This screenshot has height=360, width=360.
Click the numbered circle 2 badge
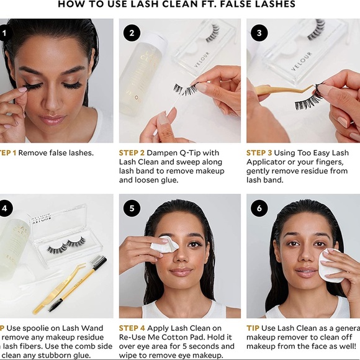click(132, 33)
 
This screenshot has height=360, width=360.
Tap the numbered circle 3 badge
click(259, 33)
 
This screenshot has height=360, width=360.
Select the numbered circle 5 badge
click(132, 209)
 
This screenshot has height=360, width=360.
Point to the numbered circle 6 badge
click(259, 209)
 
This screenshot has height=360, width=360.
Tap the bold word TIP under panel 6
click(253, 328)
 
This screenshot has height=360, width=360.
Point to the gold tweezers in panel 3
click(279, 90)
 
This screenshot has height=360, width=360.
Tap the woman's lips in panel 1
click(53, 119)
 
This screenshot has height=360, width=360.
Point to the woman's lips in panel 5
click(180, 271)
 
